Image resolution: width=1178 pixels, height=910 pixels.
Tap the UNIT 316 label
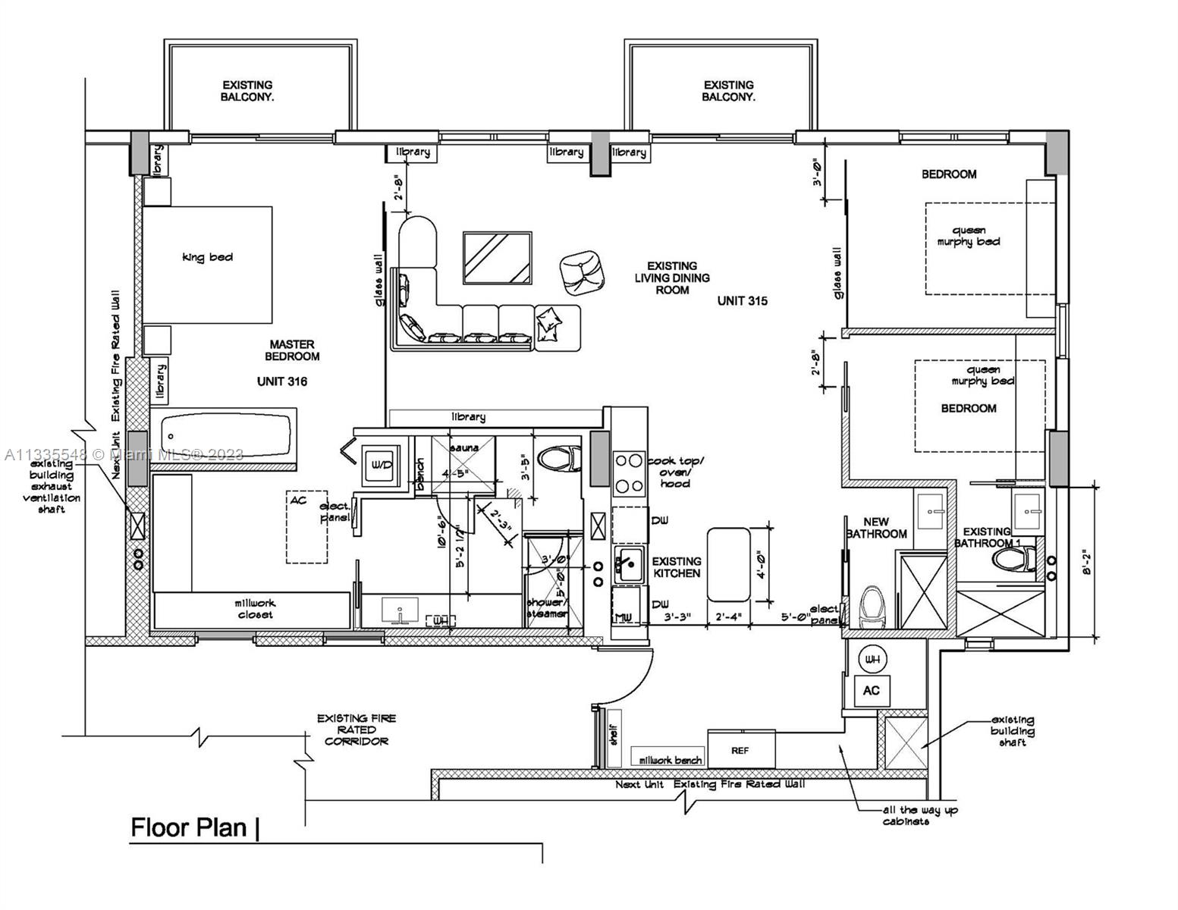point(281,381)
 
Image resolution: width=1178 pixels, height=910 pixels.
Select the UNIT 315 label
point(742,301)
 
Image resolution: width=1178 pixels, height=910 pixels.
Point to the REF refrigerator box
point(741,750)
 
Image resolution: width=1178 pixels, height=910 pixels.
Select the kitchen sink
point(628,566)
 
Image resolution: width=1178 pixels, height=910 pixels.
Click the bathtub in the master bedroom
point(226,435)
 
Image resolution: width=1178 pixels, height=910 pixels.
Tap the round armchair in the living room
point(582,271)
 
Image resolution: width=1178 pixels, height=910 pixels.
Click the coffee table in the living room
point(498,258)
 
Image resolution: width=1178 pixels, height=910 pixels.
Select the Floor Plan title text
point(189,827)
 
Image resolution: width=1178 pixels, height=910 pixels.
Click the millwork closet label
point(255,609)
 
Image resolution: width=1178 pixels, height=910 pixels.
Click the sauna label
point(464,448)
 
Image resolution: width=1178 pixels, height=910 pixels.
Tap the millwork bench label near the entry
point(671,760)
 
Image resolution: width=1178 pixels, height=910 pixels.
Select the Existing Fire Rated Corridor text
point(357,730)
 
